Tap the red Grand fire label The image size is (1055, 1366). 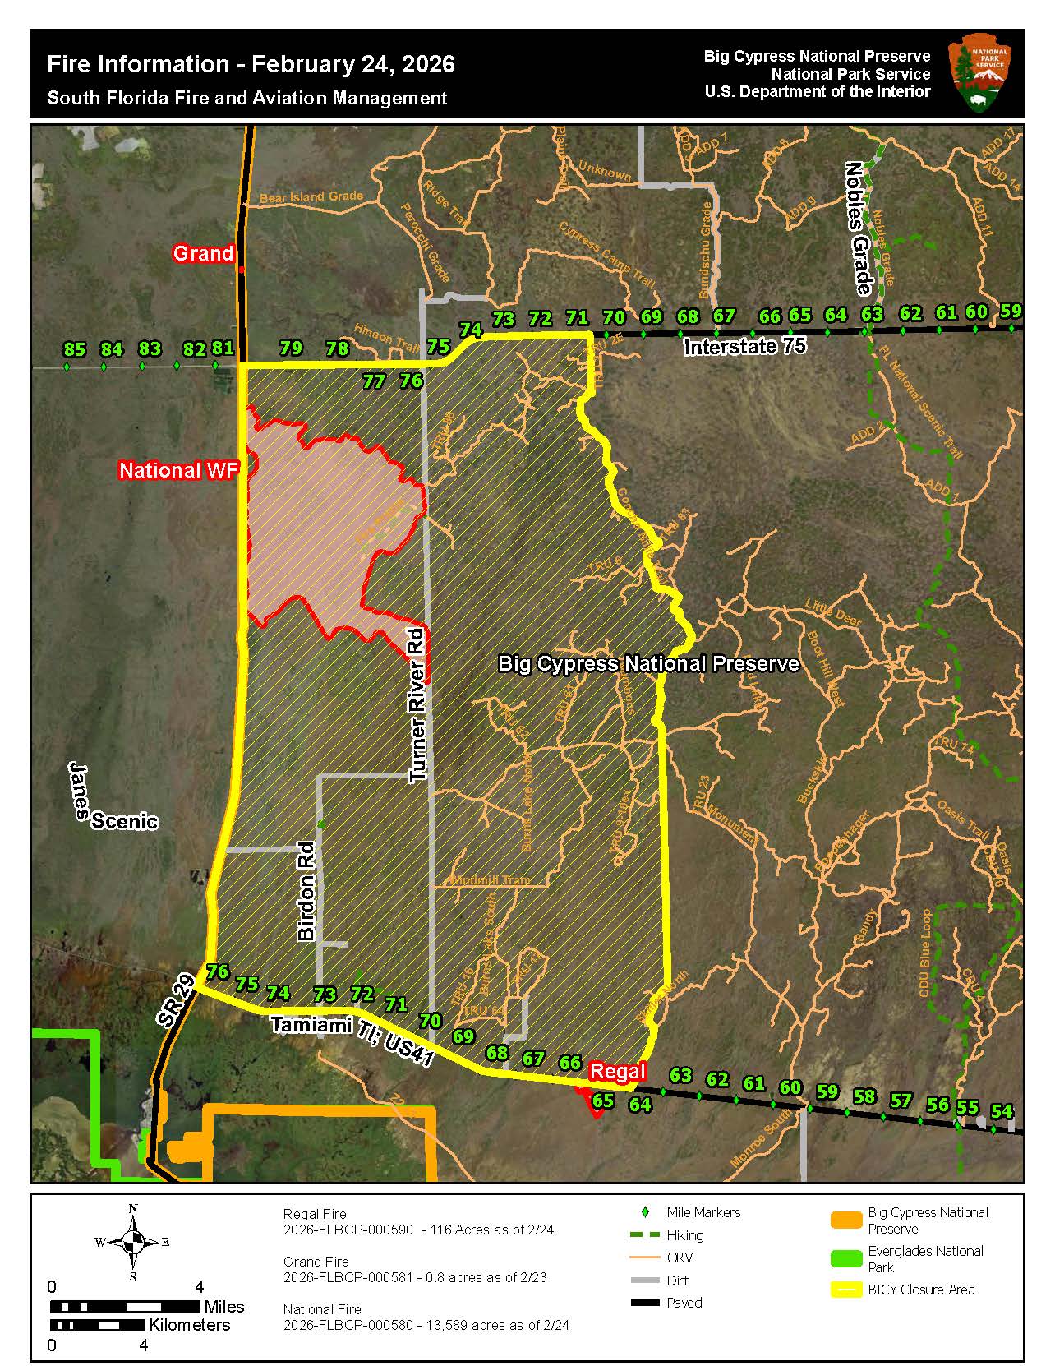click(x=203, y=253)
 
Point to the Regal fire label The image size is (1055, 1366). click(x=618, y=1071)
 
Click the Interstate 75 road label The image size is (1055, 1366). click(x=744, y=346)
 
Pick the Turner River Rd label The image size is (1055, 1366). click(x=418, y=704)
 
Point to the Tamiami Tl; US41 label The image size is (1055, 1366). click(x=352, y=1041)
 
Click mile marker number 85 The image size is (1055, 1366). click(x=74, y=350)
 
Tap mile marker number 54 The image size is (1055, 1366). click(x=1001, y=1111)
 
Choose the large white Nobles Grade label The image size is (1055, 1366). click(x=857, y=228)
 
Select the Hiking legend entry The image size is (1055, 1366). click(x=684, y=1235)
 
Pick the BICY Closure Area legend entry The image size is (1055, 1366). click(x=921, y=1290)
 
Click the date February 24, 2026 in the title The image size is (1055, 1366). click(x=352, y=65)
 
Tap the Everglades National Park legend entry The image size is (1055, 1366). click(x=925, y=1258)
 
